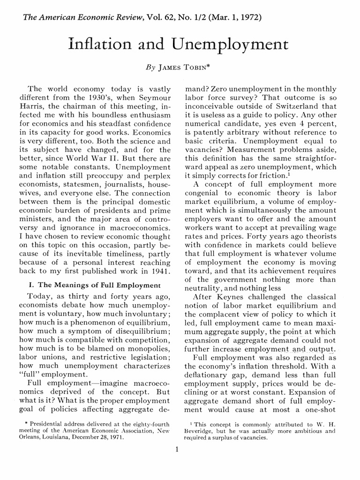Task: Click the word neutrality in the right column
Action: point(204,287)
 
